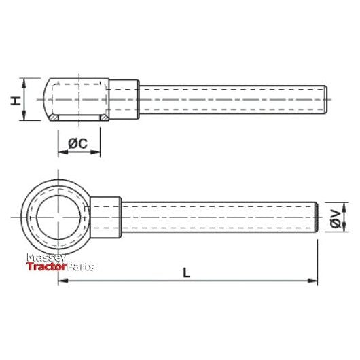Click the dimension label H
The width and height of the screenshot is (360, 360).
click(x=16, y=101)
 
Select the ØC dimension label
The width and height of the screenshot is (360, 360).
click(x=78, y=143)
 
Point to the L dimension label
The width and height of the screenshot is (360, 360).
click(x=187, y=273)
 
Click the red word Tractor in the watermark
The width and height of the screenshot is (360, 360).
click(x=47, y=266)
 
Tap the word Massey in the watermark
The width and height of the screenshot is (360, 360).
click(x=46, y=257)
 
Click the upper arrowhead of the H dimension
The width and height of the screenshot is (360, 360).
click(x=24, y=83)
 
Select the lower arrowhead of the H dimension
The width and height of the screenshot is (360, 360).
click(x=24, y=115)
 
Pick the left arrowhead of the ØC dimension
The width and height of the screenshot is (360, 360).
click(x=63, y=152)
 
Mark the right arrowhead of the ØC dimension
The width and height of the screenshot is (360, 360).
click(x=96, y=152)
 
